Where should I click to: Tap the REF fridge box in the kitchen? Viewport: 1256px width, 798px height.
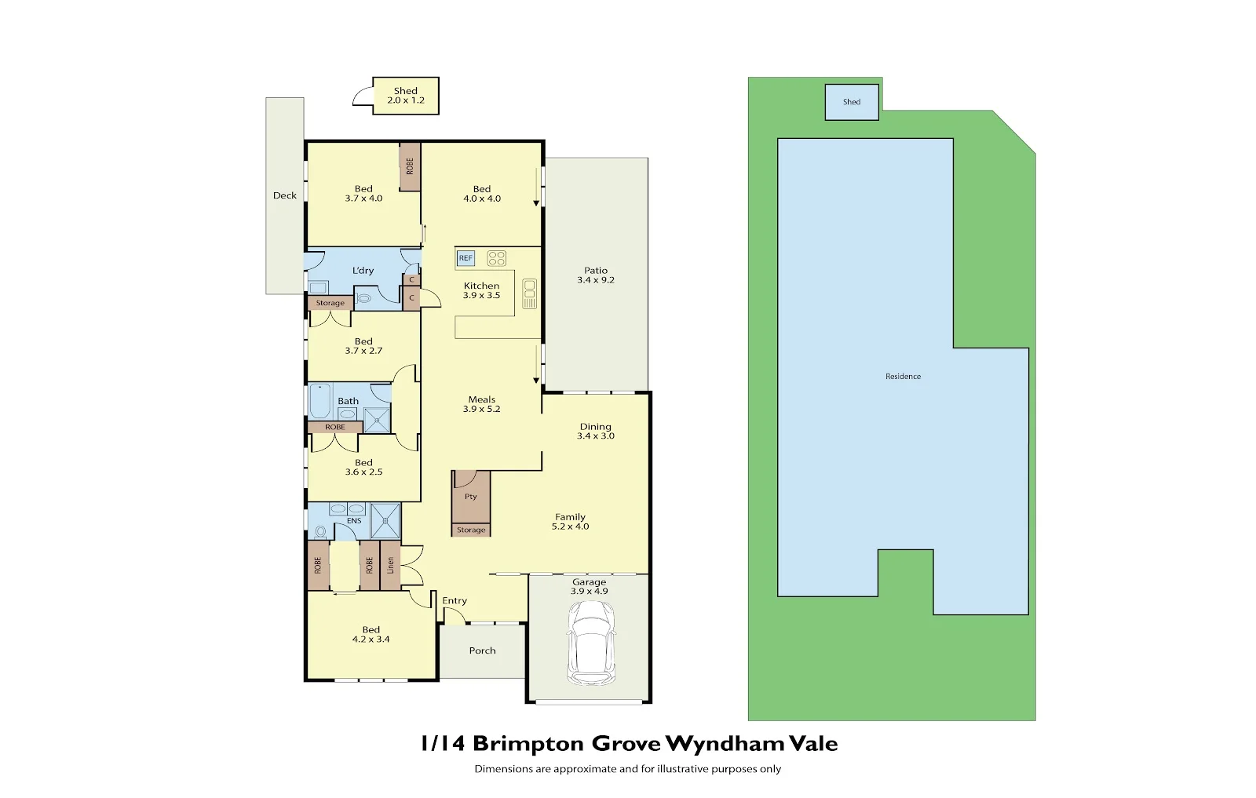coord(466,258)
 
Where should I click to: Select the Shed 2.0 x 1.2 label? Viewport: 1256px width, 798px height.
coord(406,96)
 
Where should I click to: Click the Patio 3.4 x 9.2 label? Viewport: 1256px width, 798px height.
coord(596,275)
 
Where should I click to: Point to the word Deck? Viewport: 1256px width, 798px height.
coord(285,195)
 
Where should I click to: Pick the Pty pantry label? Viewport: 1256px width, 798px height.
coord(470,497)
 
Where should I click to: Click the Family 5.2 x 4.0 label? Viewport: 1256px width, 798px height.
coord(570,522)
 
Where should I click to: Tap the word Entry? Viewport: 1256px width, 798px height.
coord(455,601)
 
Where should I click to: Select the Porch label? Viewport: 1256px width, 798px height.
coord(482,650)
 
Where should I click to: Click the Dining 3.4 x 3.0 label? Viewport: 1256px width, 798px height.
coord(596,432)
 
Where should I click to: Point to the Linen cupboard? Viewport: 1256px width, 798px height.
coord(390,565)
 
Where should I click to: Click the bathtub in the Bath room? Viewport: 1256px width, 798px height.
coord(319,401)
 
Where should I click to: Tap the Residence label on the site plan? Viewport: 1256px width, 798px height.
coord(903,377)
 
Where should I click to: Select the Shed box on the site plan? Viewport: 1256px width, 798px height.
coord(852,102)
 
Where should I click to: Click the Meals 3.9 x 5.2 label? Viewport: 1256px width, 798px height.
coord(482,404)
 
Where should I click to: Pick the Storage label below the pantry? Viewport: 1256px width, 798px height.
coord(471,530)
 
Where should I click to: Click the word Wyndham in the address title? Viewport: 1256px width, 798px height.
coord(725,744)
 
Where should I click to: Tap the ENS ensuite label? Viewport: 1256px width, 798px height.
coord(354,521)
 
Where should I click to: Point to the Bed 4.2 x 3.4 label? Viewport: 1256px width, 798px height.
coord(371,635)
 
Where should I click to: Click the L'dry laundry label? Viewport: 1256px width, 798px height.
coord(363,271)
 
